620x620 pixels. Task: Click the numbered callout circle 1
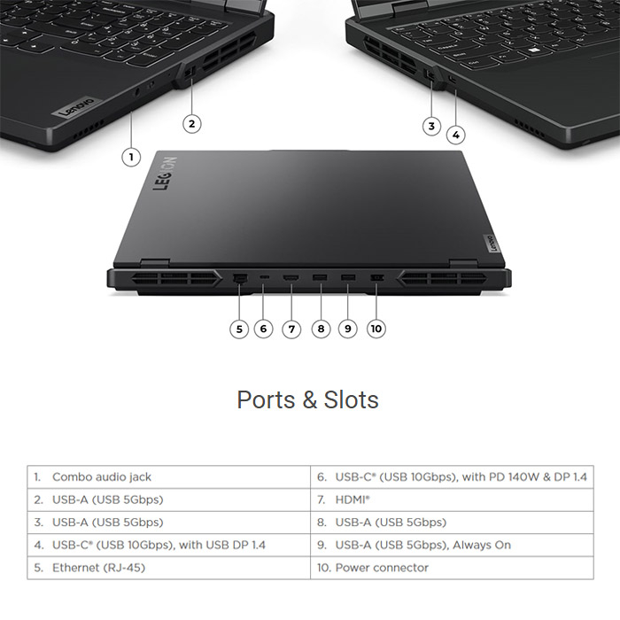[131, 157]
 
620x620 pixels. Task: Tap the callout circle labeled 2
[192, 123]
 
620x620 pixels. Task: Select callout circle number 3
[431, 125]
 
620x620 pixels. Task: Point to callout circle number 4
[455, 135]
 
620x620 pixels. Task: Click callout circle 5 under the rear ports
[238, 329]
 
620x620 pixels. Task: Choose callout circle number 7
[291, 329]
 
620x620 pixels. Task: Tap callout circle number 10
[376, 329]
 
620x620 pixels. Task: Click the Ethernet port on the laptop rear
[239, 280]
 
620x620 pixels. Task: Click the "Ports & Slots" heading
[307, 399]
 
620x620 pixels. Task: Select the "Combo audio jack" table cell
[102, 477]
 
